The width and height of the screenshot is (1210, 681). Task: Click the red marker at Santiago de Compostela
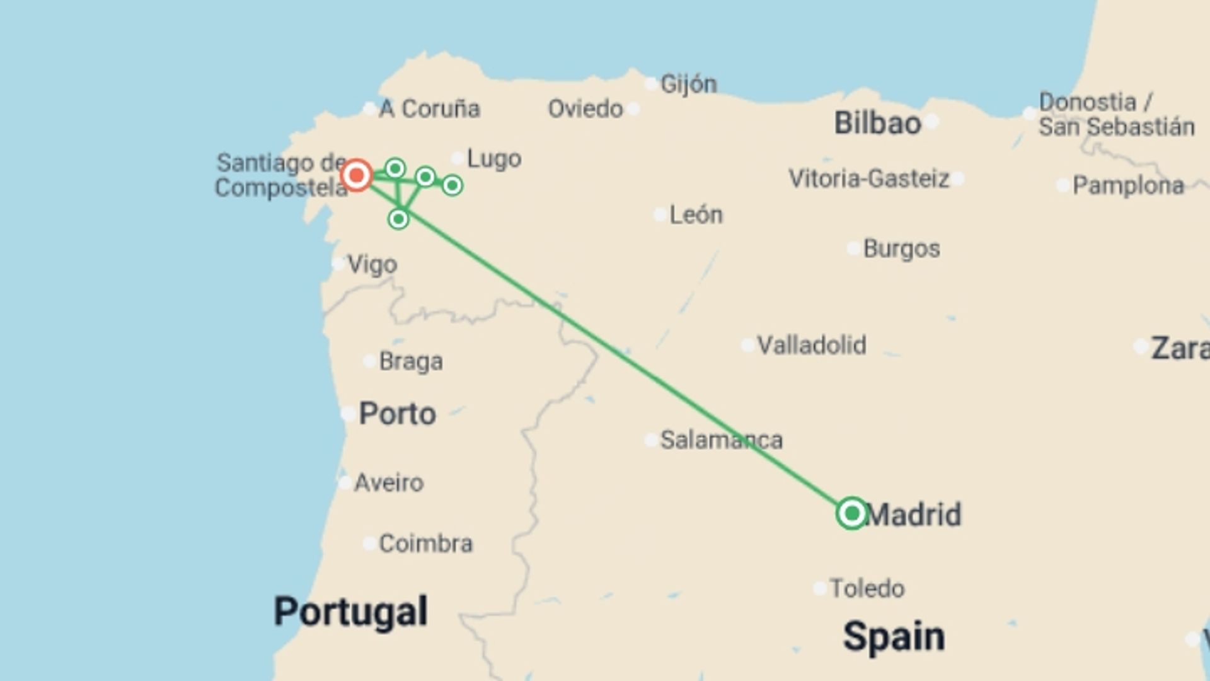(357, 175)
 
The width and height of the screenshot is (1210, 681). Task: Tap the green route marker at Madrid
(851, 513)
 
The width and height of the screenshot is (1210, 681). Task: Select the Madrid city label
(914, 515)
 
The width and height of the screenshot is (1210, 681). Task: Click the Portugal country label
(350, 611)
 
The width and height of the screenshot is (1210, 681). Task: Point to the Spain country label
(894, 636)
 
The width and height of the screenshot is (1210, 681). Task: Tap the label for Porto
(397, 414)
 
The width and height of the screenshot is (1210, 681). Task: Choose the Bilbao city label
(877, 122)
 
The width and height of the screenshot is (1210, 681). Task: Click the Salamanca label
(721, 439)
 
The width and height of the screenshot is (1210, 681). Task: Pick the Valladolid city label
(811, 345)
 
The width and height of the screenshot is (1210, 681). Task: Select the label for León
(696, 214)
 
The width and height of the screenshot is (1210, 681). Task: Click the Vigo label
(372, 264)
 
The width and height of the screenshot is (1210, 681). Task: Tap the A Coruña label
(429, 108)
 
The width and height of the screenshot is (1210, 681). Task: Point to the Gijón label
(688, 83)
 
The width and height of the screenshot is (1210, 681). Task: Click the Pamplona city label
(1128, 185)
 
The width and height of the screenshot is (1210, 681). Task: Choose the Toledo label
(867, 588)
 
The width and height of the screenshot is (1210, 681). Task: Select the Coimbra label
(425, 543)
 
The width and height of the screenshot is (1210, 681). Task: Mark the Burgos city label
(901, 248)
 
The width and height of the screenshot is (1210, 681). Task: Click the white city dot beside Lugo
(458, 158)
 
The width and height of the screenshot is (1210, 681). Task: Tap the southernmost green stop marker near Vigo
(398, 219)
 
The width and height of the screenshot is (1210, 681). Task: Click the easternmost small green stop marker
(452, 185)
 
